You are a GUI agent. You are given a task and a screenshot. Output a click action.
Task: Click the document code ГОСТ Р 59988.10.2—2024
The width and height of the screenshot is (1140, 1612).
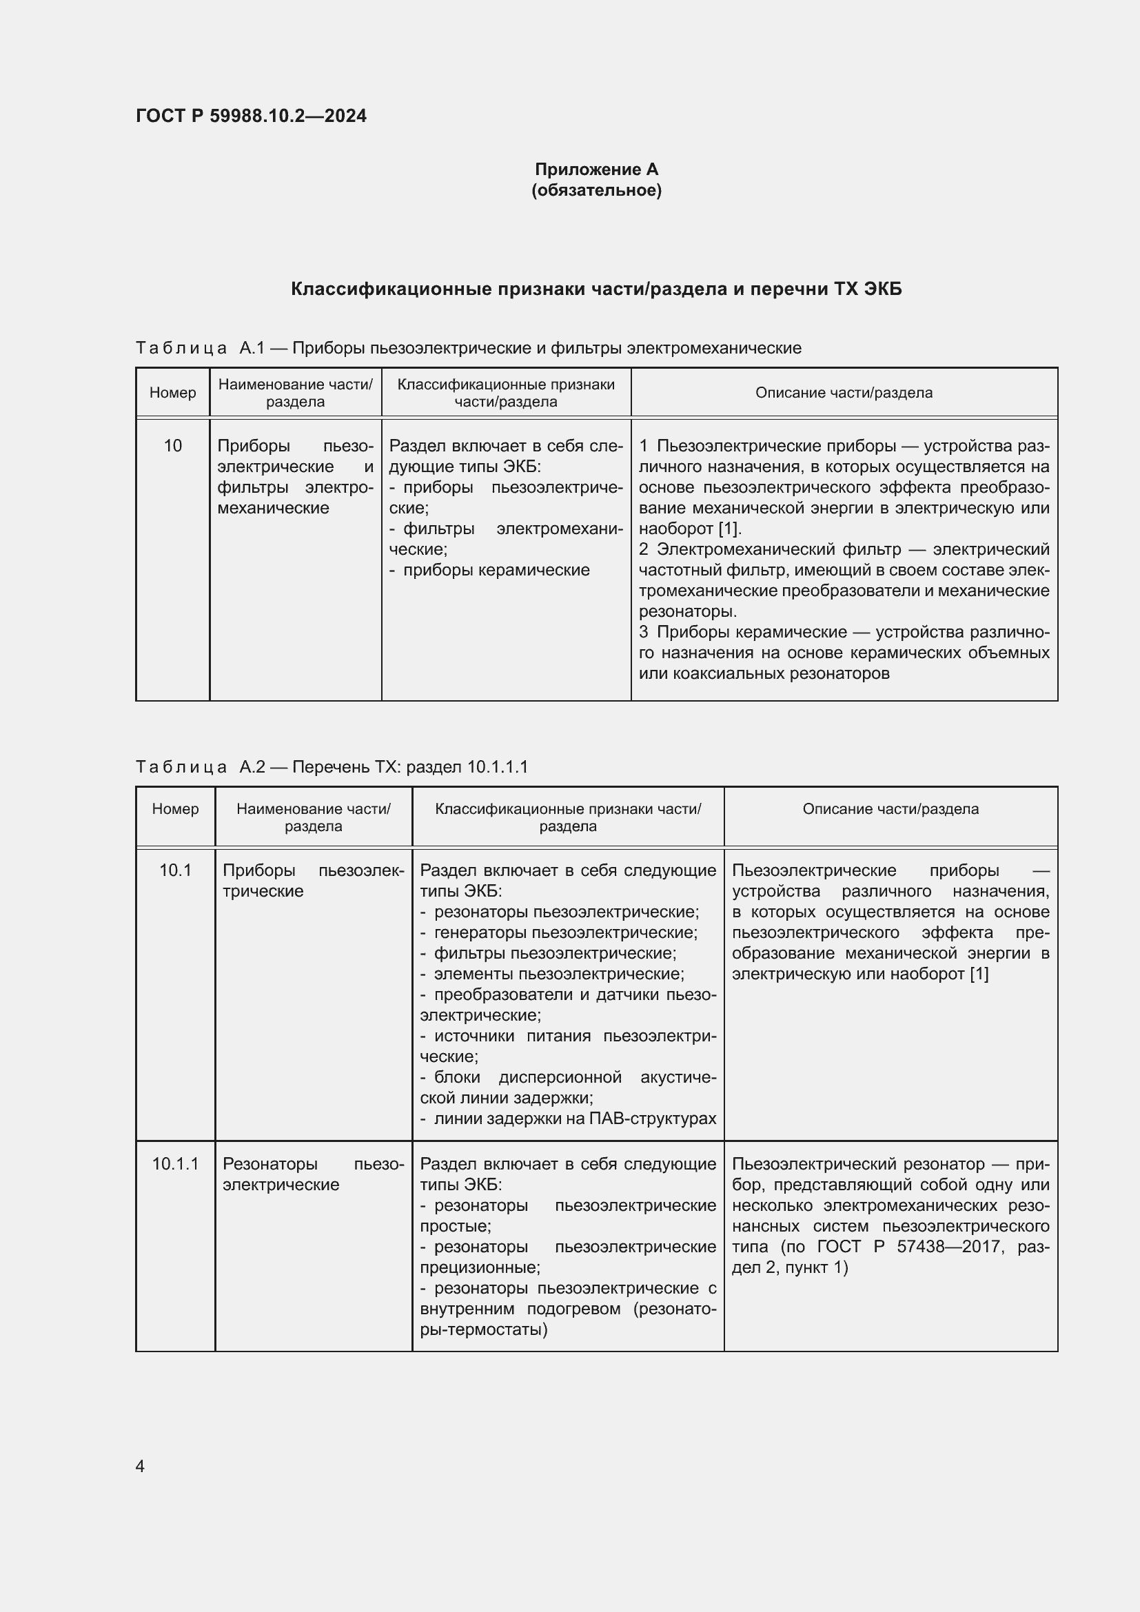pos(251,116)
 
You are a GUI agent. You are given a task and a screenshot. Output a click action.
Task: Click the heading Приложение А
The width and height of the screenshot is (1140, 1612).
pos(596,170)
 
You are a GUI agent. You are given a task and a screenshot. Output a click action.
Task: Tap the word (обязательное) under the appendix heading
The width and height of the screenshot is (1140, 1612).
pos(596,190)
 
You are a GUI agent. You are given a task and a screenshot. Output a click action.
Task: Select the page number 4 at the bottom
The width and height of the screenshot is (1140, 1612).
pos(140,1467)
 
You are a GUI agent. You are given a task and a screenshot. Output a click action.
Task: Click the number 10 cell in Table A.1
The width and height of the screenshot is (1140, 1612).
pos(173,446)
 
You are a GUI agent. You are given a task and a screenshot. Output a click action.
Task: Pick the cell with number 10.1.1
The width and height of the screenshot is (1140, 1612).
pos(176,1164)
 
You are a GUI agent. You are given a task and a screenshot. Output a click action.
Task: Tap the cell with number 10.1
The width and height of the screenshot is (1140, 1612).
pos(176,870)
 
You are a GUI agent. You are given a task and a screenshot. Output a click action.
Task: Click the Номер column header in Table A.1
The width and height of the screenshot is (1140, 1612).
pos(173,392)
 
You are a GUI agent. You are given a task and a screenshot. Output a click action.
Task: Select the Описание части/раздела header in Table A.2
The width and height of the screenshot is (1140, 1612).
pos(890,809)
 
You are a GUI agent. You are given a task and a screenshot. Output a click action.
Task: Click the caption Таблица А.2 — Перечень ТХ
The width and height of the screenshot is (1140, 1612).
pos(332,766)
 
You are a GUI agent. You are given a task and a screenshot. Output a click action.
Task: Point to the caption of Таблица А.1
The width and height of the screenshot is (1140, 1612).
pos(468,348)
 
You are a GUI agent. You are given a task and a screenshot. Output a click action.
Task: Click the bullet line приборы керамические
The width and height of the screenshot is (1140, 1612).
pos(496,570)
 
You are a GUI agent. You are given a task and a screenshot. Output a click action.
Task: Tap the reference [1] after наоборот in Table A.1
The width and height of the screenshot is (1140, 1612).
pos(729,529)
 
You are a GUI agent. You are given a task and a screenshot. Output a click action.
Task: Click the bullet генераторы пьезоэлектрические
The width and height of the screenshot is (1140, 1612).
pos(565,932)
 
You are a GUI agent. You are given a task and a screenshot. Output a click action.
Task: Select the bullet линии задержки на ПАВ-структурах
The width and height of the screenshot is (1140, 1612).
pos(574,1119)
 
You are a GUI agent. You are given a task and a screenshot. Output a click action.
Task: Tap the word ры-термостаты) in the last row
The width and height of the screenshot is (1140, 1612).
pos(483,1329)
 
